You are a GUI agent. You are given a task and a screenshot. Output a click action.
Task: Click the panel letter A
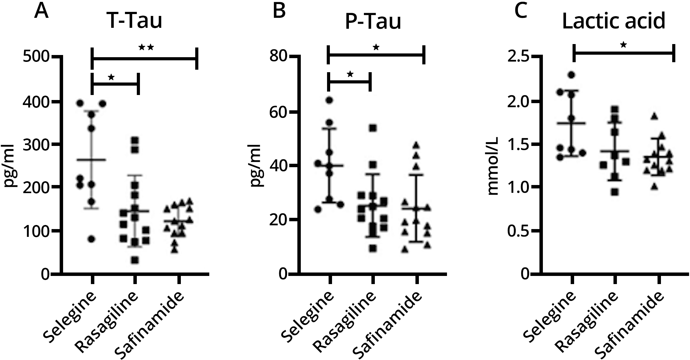42,11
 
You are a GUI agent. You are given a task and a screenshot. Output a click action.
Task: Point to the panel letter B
279,11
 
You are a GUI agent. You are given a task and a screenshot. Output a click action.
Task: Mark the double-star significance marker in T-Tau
146,47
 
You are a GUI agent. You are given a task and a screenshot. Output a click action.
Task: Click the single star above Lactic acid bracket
623,45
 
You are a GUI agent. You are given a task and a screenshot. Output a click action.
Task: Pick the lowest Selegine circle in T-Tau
91,239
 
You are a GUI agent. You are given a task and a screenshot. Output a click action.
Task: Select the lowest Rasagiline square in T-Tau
135,260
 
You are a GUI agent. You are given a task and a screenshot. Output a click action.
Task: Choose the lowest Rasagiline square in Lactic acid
615,192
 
